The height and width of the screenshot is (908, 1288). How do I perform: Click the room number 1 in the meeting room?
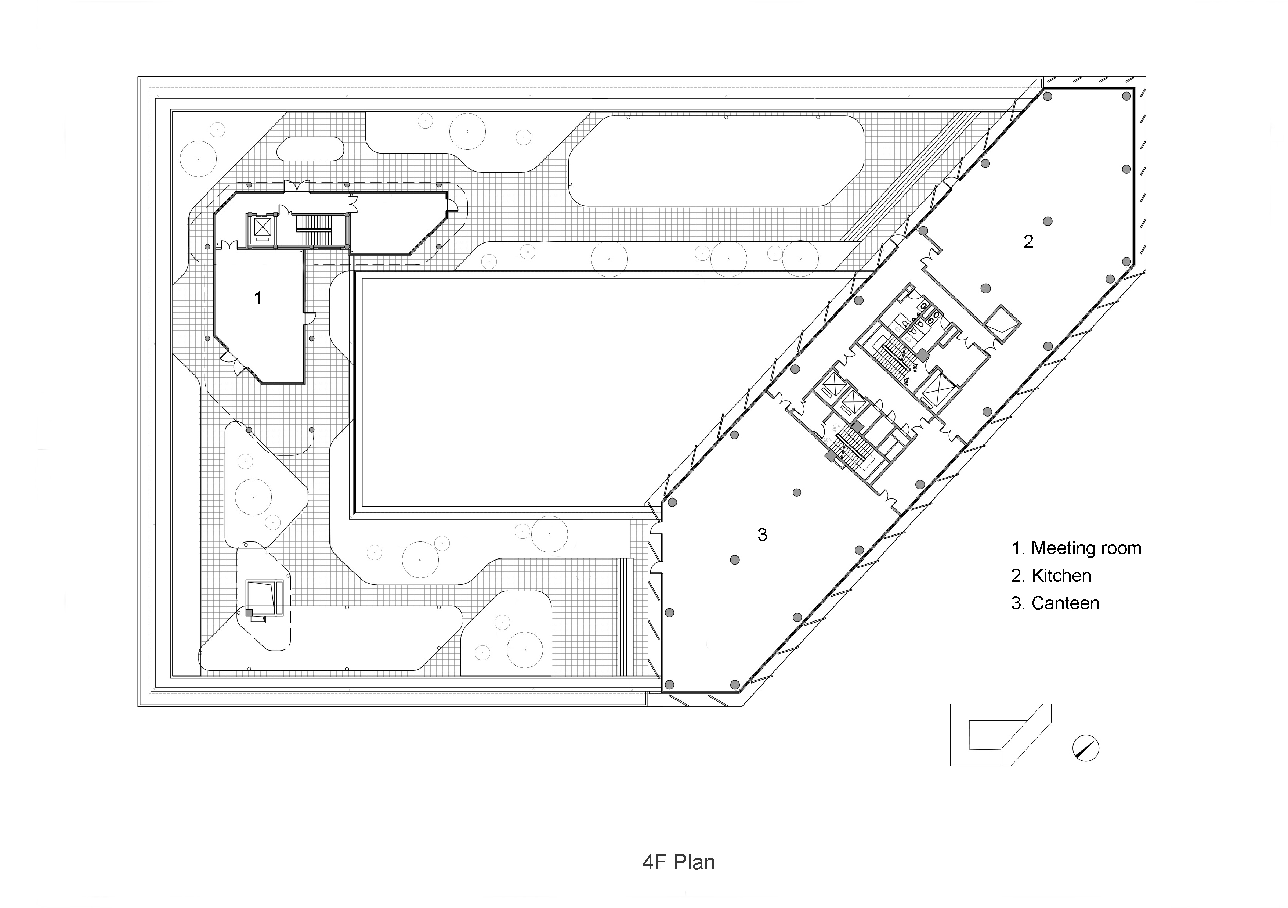click(x=258, y=298)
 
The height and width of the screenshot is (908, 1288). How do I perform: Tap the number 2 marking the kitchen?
click(x=1028, y=242)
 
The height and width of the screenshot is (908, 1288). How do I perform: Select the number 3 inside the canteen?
click(x=762, y=535)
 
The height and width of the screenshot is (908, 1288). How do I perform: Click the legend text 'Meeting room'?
click(x=1085, y=548)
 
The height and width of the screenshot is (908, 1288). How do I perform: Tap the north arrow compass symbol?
click(x=1085, y=748)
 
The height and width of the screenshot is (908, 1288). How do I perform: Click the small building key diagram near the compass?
click(x=1000, y=735)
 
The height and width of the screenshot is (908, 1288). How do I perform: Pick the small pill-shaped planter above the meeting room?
click(x=310, y=149)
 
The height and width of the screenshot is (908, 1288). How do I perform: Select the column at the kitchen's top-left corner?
click(x=1048, y=112)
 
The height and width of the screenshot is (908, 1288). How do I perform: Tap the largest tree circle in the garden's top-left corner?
click(x=198, y=158)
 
